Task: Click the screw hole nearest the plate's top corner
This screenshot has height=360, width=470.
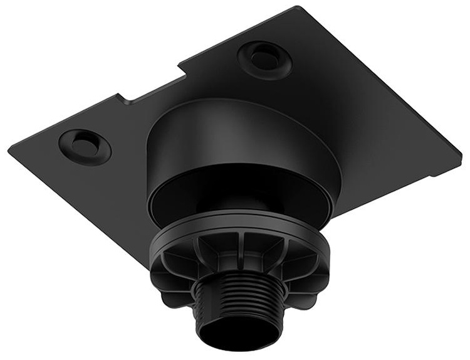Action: (x=264, y=59)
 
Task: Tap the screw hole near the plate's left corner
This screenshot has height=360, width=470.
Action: (x=85, y=146)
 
